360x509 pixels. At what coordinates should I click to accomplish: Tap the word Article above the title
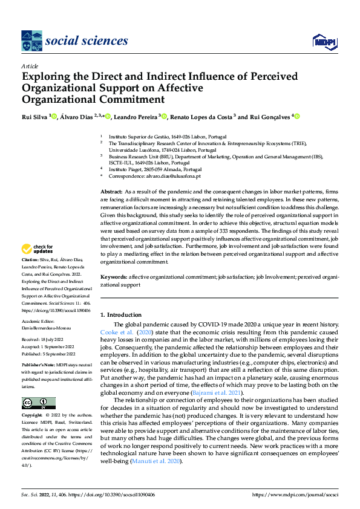point(30,66)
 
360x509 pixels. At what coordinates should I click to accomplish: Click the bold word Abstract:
point(112,191)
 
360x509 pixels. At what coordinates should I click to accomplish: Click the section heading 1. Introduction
point(120,314)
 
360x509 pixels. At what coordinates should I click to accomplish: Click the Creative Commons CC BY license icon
point(38,403)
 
